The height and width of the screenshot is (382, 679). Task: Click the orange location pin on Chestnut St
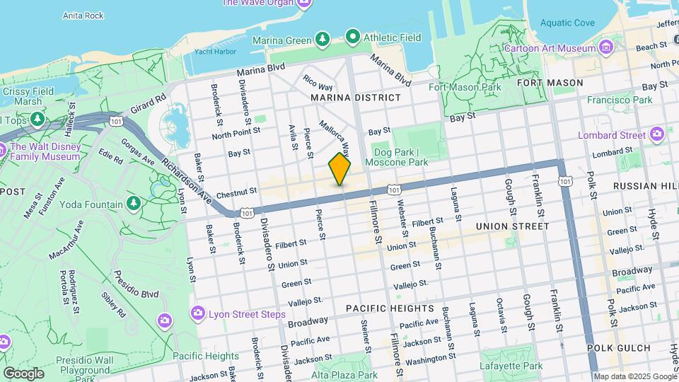339,169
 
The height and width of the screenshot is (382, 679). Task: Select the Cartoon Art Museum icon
605,48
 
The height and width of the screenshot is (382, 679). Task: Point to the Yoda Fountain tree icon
133,204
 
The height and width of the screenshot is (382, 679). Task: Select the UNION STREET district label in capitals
512,226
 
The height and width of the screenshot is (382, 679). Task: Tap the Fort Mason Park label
465,88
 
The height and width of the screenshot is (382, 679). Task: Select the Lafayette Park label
513,366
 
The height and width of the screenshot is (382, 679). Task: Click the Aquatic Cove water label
567,23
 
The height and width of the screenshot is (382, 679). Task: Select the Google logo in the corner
23,373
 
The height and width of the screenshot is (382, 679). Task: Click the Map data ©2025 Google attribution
634,376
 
